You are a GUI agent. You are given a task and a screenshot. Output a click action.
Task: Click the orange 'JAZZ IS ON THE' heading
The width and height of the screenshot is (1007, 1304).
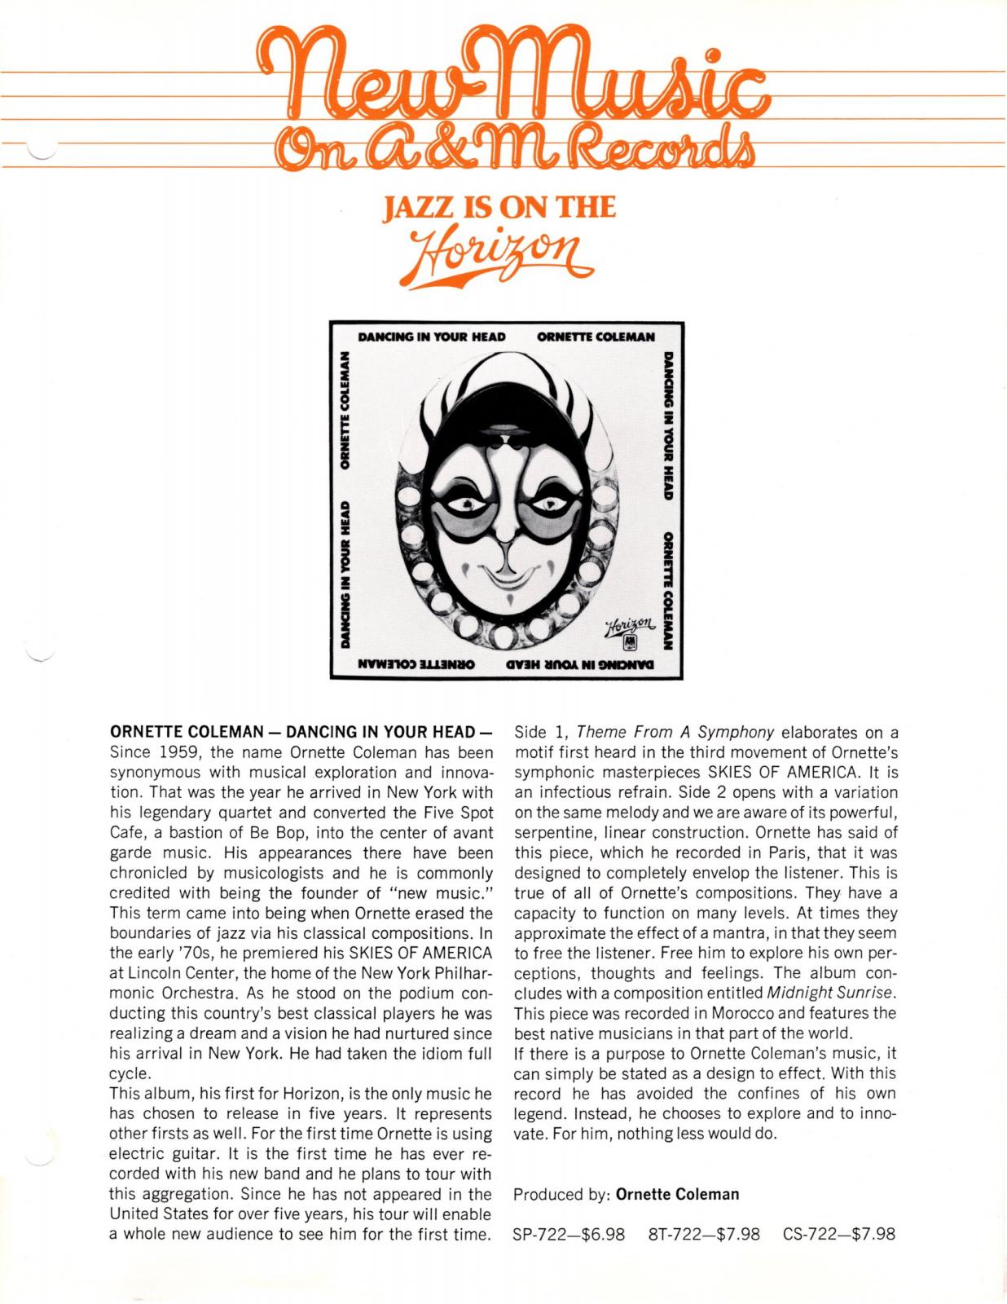coord(499,209)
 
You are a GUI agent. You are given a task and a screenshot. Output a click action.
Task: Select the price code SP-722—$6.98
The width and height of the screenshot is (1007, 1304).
coord(569,1234)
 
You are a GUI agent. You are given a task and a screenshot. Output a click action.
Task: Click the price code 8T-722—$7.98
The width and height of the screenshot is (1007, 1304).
coord(704,1234)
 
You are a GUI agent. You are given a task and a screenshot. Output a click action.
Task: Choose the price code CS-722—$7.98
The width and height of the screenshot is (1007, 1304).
coord(839,1234)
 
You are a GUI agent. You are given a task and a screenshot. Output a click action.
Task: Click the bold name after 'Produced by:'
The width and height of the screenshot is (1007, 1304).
coord(678,1194)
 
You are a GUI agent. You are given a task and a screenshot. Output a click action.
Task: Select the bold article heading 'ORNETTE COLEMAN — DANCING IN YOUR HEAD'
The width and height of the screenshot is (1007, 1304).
coord(301,731)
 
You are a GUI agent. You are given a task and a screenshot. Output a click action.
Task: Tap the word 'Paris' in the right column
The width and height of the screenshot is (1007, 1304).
coord(776,852)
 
